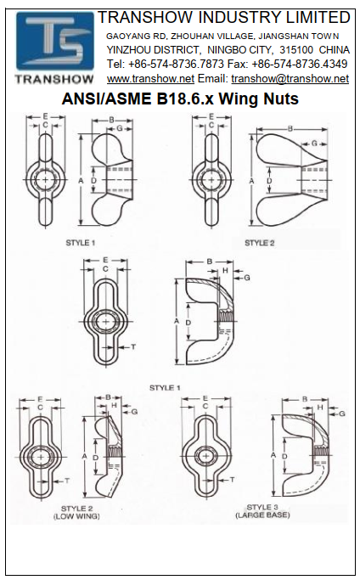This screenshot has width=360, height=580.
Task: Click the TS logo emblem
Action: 54,41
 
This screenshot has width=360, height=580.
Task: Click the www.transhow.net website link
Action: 150,78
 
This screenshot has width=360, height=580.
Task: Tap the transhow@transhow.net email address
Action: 290,78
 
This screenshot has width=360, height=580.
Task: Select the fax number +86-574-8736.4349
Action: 300,64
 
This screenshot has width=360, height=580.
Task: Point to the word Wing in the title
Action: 239,99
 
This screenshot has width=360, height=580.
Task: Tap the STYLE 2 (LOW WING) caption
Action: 76,512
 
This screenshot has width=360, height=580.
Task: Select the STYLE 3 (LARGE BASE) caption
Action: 262,511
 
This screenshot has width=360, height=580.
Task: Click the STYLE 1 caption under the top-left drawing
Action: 81,243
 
